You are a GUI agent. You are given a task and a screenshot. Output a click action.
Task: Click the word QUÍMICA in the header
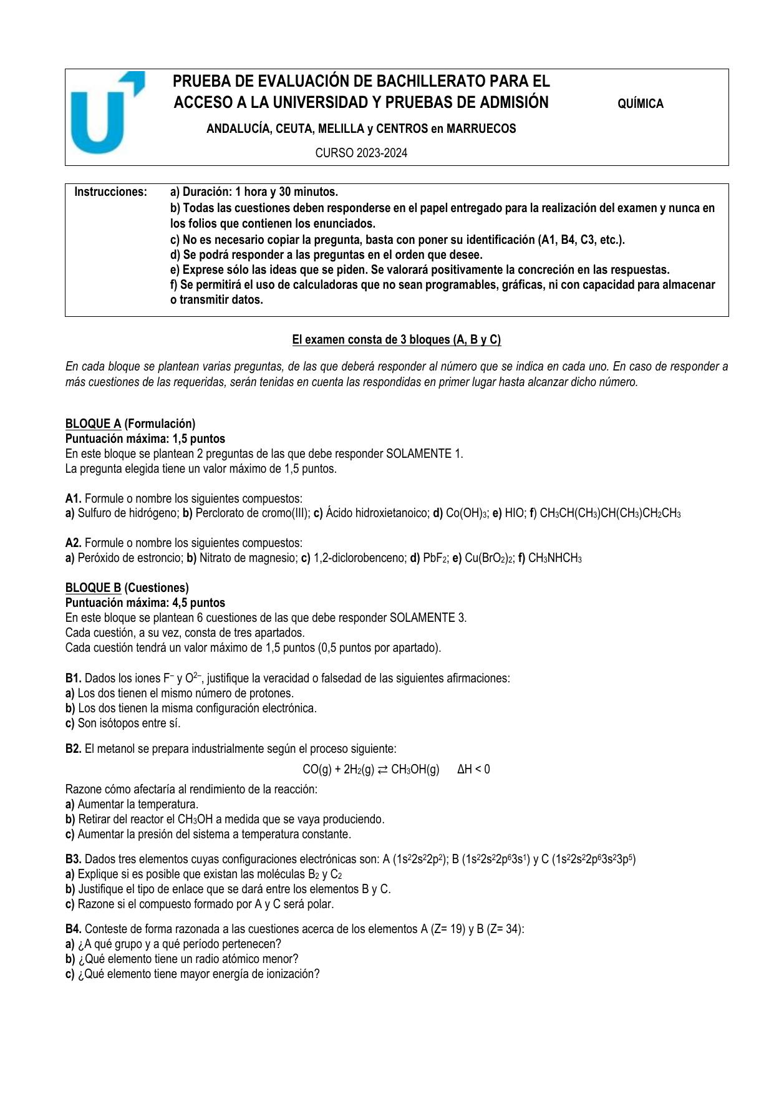[640, 104]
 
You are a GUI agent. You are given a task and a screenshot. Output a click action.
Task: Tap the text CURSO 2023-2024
[361, 153]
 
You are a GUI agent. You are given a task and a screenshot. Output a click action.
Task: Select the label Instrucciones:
[111, 191]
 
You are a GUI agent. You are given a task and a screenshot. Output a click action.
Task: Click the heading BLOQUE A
[93, 424]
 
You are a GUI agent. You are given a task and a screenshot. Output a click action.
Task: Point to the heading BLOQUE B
[93, 588]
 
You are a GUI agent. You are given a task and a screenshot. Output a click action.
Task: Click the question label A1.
[73, 499]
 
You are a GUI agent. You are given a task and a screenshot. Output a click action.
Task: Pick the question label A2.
[73, 543]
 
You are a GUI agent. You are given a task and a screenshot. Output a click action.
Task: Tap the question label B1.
[73, 679]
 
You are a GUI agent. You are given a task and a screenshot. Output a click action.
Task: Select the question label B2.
[73, 749]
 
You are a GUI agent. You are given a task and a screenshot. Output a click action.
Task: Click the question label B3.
[73, 859]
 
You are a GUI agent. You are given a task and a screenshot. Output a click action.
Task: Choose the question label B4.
[73, 929]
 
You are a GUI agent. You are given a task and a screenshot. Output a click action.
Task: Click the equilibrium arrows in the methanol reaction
[382, 770]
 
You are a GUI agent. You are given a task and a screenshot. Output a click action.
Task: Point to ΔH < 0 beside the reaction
[473, 770]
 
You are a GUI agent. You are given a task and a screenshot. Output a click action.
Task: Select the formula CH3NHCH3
[554, 558]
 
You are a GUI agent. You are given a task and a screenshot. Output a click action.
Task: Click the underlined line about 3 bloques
[397, 340]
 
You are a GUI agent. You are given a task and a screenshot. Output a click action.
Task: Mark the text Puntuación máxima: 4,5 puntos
[145, 603]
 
